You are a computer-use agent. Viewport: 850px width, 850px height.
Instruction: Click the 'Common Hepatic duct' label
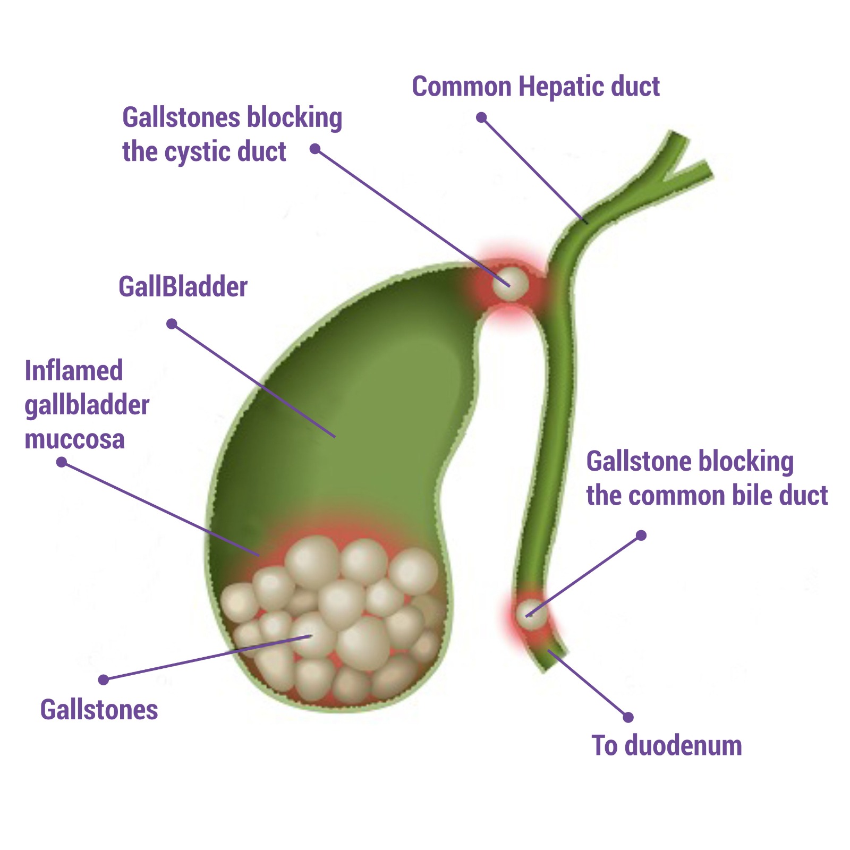point(535,87)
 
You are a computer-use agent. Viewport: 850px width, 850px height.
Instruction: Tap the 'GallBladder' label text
point(183,287)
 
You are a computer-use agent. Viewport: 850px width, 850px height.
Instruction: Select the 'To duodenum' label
point(667,745)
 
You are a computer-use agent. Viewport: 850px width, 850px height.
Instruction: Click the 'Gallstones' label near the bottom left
point(99,710)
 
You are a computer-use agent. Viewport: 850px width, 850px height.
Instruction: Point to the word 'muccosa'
point(75,439)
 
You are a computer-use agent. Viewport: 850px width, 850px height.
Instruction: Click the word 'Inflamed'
point(74,371)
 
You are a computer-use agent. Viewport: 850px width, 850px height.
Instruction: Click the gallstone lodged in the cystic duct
point(510,283)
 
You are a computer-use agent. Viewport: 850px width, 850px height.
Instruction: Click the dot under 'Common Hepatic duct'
point(481,117)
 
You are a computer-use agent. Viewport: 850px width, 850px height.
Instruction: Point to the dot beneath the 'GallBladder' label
point(172,324)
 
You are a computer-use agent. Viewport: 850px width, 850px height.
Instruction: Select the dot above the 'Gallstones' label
point(104,679)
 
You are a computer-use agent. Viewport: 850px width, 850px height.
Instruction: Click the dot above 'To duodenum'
point(628,717)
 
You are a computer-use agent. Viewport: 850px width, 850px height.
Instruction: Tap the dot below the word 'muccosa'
point(62,462)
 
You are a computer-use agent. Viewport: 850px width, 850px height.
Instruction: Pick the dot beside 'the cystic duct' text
point(315,149)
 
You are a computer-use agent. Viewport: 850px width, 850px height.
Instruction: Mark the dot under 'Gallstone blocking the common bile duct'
point(641,535)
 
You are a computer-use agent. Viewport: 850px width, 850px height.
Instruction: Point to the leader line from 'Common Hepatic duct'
point(534,169)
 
